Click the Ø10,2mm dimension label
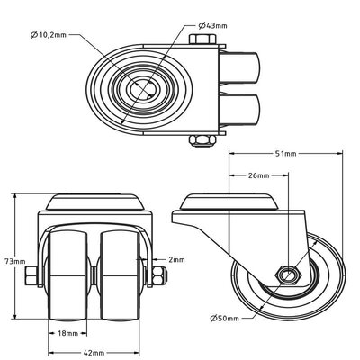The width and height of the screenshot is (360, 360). [x=49, y=35]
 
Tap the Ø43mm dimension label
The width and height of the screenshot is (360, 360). [x=213, y=26]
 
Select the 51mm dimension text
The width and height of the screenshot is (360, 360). [x=285, y=154]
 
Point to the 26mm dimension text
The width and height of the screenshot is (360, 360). [x=258, y=175]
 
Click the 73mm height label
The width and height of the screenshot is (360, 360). [x=15, y=261]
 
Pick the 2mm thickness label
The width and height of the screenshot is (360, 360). [x=176, y=260]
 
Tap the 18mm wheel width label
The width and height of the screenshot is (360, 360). [x=67, y=333]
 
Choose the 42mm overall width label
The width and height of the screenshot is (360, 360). [x=94, y=353]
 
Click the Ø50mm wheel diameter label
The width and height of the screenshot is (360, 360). [x=224, y=319]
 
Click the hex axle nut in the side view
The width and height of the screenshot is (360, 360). [x=288, y=274]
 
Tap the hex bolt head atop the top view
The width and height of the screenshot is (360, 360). [x=202, y=40]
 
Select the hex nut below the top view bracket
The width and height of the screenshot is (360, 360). [x=202, y=140]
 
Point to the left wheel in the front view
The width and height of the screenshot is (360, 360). [x=67, y=274]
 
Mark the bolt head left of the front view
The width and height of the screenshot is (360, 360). [x=31, y=275]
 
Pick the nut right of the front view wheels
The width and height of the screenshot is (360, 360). [x=159, y=275]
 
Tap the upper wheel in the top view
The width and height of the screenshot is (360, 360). [x=239, y=68]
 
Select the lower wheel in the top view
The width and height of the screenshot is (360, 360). [x=239, y=111]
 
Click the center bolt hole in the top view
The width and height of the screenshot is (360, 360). [x=143, y=89]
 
